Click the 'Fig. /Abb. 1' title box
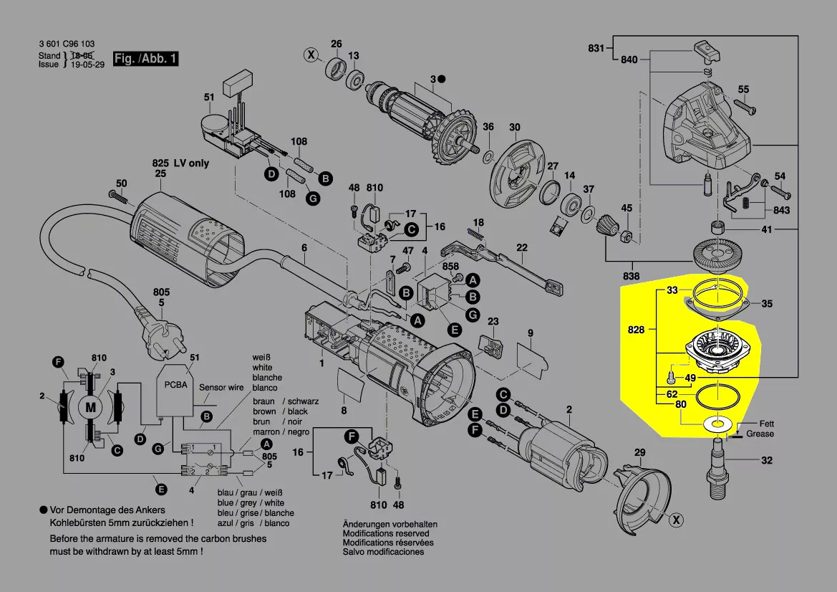point(145,59)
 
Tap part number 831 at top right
point(596,48)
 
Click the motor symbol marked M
point(90,407)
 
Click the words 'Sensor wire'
point(222,388)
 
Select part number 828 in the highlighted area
point(637,330)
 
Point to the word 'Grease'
point(760,434)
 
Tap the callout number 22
point(522,248)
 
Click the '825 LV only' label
point(180,163)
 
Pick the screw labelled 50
point(115,194)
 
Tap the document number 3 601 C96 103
point(67,44)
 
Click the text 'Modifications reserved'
point(386,533)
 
